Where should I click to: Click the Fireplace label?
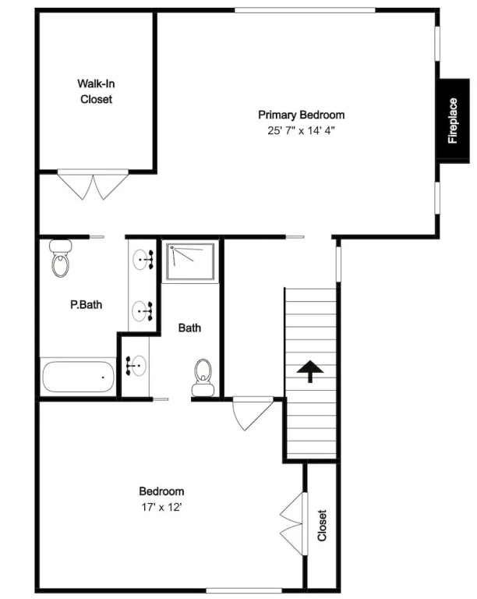(453, 121)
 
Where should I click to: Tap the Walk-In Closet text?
(96, 91)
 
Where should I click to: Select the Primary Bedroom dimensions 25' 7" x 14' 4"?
(301, 131)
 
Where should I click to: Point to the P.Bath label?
(87, 304)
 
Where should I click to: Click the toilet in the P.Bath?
(60, 258)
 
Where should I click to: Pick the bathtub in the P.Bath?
(78, 377)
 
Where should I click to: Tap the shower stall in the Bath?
(190, 261)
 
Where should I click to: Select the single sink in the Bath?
(136, 366)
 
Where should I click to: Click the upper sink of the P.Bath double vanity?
(143, 260)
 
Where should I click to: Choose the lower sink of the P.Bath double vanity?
(143, 311)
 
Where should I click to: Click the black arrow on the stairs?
(310, 371)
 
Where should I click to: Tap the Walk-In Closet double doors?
(93, 185)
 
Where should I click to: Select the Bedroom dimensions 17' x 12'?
(161, 507)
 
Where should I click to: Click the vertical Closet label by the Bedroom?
(322, 525)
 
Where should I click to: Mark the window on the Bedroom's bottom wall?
(244, 590)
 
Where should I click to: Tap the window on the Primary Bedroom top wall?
(305, 10)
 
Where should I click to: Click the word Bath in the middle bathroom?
(189, 328)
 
